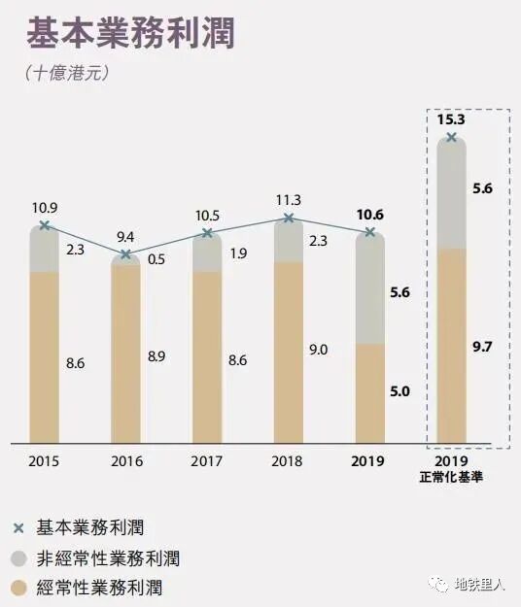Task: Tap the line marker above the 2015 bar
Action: pyautogui.click(x=44, y=226)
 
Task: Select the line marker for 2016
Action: pyautogui.click(x=125, y=254)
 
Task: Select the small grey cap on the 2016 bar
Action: pyautogui.click(x=125, y=258)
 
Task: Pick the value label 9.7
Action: pyautogui.click(x=482, y=346)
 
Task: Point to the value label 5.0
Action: pyautogui.click(x=399, y=391)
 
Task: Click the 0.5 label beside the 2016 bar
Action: pyautogui.click(x=156, y=258)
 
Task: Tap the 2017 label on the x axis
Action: pyautogui.click(x=207, y=460)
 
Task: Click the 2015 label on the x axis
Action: pyautogui.click(x=44, y=460)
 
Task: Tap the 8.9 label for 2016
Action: pyautogui.click(x=156, y=356)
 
